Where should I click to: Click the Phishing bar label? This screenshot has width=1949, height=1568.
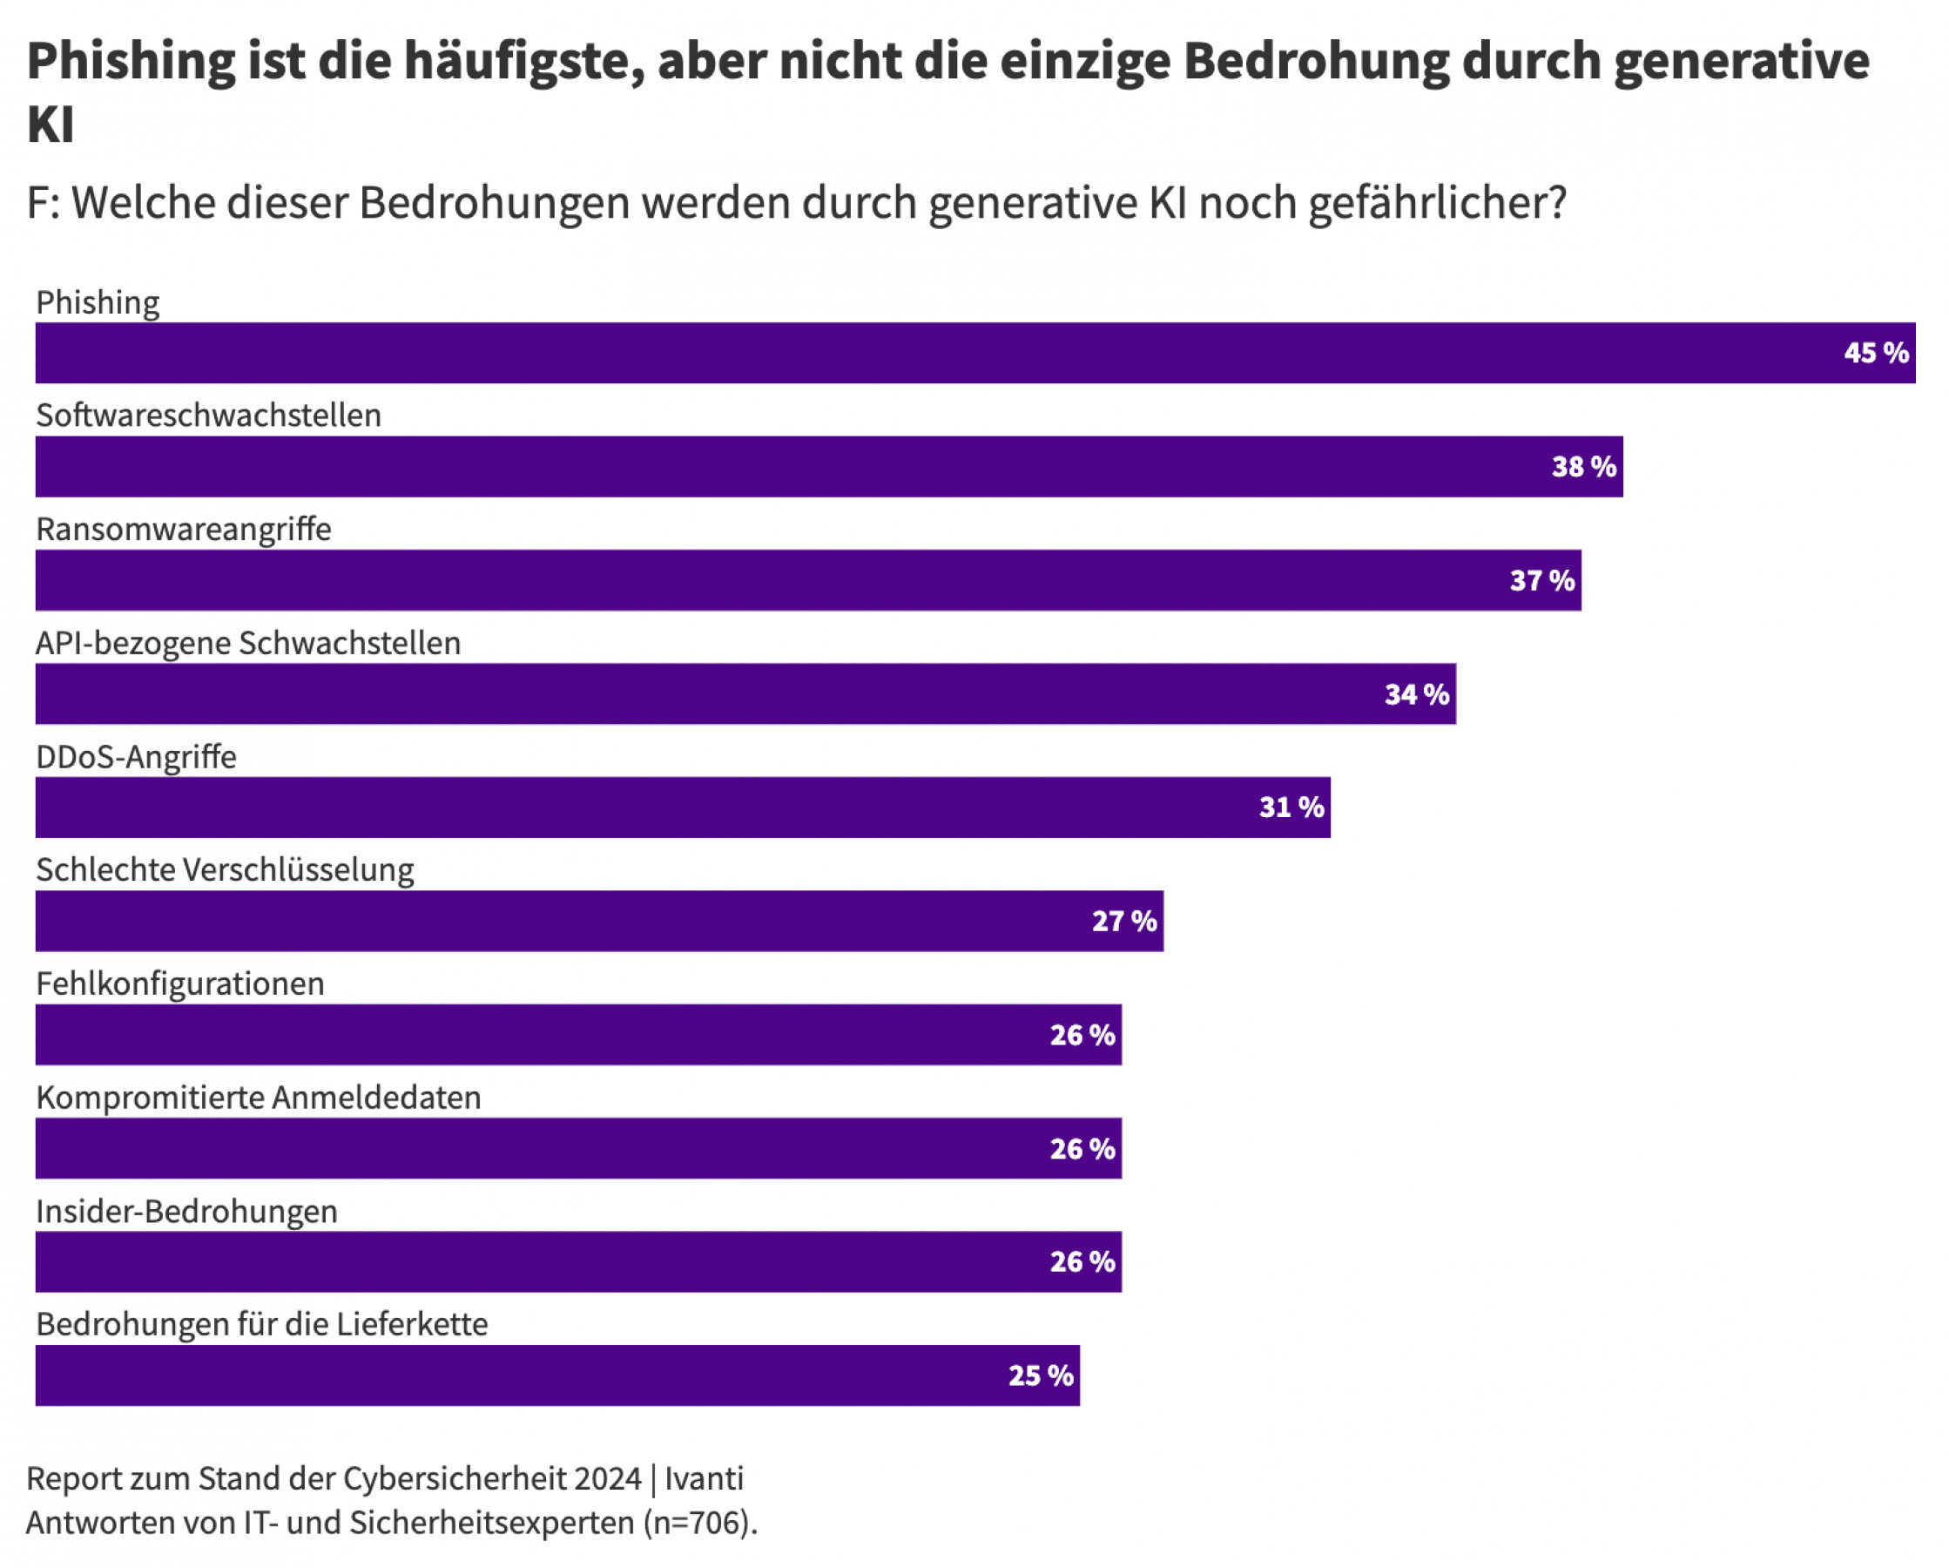pyautogui.click(x=98, y=302)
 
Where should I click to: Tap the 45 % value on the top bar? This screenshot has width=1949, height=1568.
pyautogui.click(x=1876, y=353)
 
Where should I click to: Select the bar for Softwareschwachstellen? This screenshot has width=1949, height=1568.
pyautogui.click(x=813, y=467)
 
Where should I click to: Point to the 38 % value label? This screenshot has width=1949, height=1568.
pyautogui.click(x=1584, y=467)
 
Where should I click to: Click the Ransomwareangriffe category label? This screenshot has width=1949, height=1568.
pyautogui.click(x=184, y=529)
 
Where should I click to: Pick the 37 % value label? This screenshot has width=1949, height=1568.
pyautogui.click(x=1542, y=580)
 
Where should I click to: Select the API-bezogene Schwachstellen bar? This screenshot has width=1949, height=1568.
pyautogui.click(x=723, y=693)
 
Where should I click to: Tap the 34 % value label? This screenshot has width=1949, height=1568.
pyautogui.click(x=1417, y=694)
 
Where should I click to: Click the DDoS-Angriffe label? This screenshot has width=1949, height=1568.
pyautogui.click(x=136, y=756)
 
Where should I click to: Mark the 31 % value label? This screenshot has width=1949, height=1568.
pyautogui.click(x=1291, y=808)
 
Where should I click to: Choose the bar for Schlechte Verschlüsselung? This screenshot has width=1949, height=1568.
pyautogui.click(x=588, y=921)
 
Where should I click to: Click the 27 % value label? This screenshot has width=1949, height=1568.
pyautogui.click(x=1123, y=922)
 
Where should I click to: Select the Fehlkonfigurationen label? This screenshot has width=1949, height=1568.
pyautogui.click(x=180, y=983)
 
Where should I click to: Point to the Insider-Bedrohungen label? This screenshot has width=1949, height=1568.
pyautogui.click(x=186, y=1211)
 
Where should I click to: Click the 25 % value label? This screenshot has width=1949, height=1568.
pyautogui.click(x=1041, y=1375)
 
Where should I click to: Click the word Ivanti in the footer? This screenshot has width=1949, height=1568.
pyautogui.click(x=705, y=1478)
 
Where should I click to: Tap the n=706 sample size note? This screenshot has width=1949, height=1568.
pyautogui.click(x=698, y=1523)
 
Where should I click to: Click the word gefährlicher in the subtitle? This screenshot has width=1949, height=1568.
pyautogui.click(x=1437, y=203)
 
